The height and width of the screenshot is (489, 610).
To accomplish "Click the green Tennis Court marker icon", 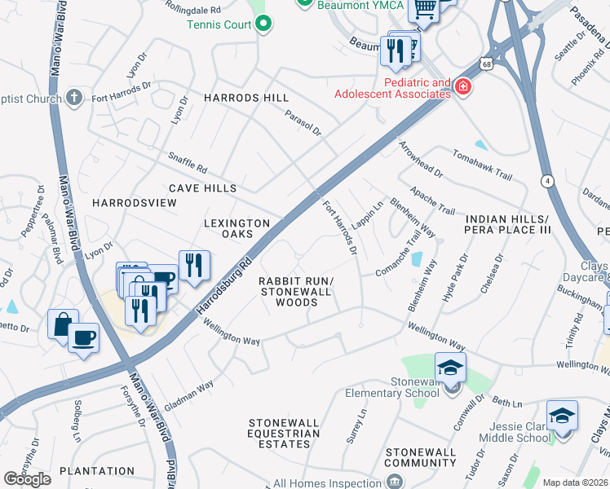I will click(x=263, y=25).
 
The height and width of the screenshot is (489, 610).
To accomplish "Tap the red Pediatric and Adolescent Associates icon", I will click(x=463, y=87).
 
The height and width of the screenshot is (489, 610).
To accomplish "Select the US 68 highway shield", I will click(x=486, y=63).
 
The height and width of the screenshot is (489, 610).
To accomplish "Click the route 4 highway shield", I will click(x=547, y=180).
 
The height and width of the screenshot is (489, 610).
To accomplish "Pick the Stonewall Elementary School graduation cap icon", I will click(x=449, y=368).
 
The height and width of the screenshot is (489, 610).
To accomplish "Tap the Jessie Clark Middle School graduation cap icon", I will click(x=562, y=416).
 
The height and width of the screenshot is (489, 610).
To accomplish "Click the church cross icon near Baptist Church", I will click(x=74, y=99).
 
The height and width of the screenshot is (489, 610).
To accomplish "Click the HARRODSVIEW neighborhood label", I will click(x=135, y=202).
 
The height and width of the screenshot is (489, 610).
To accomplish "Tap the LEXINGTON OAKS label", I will click(x=236, y=228).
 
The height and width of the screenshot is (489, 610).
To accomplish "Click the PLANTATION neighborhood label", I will click(x=97, y=471).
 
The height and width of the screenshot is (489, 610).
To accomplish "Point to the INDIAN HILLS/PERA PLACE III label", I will click(x=509, y=225).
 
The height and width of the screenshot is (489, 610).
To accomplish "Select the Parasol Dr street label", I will click(x=303, y=122).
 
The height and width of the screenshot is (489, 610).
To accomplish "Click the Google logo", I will click(x=27, y=479).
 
